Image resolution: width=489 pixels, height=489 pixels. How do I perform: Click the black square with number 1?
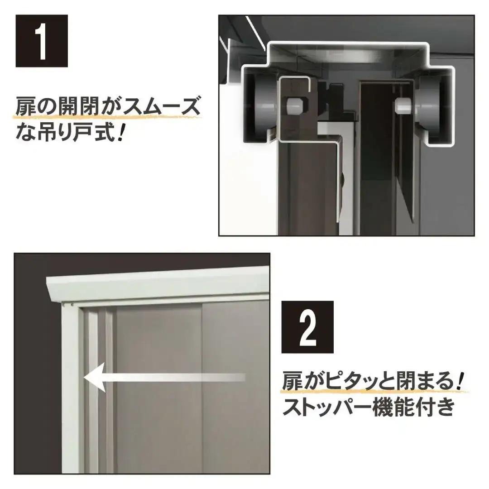[x=42, y=41]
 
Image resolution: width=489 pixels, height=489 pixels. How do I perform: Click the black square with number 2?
[x=307, y=327]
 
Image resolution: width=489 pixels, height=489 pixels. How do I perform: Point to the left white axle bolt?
[x=295, y=105]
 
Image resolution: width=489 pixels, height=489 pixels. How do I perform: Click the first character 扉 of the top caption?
[x=25, y=107]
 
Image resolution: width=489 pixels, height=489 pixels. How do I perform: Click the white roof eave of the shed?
[x=157, y=284]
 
